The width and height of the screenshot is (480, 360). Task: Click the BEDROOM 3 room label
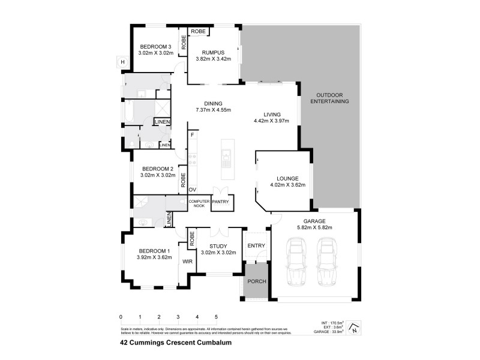(156, 47)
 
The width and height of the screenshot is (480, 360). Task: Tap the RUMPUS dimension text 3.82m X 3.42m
(213, 59)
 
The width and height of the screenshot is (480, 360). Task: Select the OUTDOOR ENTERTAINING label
(329, 98)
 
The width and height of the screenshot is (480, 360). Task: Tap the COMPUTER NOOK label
(199, 203)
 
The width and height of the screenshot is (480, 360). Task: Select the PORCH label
(257, 281)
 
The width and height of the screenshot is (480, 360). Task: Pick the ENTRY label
(256, 245)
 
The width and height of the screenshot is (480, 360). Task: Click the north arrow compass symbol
(355, 328)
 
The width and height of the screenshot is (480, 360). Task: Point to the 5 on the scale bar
(216, 316)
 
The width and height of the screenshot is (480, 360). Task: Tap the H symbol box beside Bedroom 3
(122, 62)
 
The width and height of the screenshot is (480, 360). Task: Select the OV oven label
(193, 190)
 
